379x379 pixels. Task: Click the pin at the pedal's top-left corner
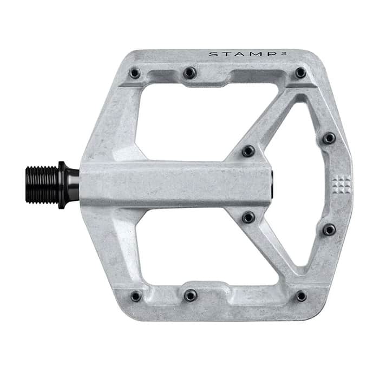pyautogui.click(x=135, y=73)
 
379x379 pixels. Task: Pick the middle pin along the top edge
pyautogui.click(x=189, y=73)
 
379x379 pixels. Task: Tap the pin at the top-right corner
pyautogui.click(x=300, y=73)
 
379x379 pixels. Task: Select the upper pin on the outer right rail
pyautogui.click(x=329, y=139)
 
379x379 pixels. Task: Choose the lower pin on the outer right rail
pyautogui.click(x=329, y=230)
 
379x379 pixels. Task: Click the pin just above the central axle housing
pyautogui.click(x=248, y=151)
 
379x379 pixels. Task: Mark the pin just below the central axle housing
pyautogui.click(x=248, y=217)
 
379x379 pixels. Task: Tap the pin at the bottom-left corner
pyautogui.click(x=135, y=296)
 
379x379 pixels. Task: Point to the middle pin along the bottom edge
pyautogui.click(x=190, y=295)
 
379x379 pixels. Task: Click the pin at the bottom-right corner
pyautogui.click(x=301, y=296)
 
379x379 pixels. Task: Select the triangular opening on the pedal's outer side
pyautogui.click(x=303, y=184)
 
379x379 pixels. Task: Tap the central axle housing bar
pyautogui.click(x=173, y=184)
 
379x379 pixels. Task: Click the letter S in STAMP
pyautogui.click(x=212, y=54)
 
